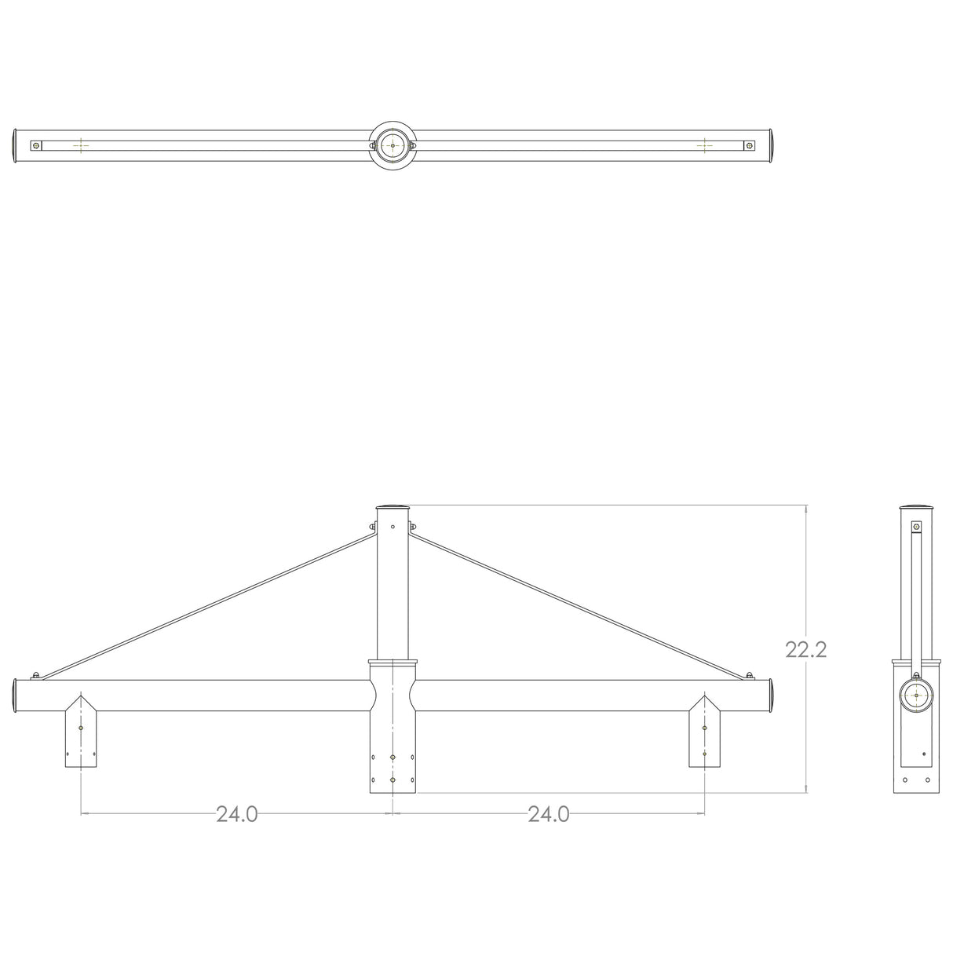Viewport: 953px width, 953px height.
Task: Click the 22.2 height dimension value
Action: coord(805,649)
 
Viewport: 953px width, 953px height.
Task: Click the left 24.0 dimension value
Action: coord(236,814)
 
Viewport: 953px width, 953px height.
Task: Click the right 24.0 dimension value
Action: coord(548,814)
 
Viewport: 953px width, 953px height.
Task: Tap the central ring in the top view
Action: coord(392,145)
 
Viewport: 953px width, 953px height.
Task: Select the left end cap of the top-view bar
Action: coord(15,146)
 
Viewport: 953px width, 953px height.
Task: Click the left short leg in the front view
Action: coord(81,739)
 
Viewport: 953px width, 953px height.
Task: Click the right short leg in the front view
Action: coord(704,739)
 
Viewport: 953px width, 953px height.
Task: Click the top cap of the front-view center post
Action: coord(393,508)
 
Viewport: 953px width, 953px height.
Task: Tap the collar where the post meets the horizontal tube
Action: coord(393,663)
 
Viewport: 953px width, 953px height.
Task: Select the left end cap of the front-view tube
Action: coord(15,696)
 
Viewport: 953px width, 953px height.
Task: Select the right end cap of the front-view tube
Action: coord(770,696)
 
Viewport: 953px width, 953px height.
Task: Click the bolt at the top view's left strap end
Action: coord(35,145)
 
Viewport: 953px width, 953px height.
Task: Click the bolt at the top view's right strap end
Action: coord(749,145)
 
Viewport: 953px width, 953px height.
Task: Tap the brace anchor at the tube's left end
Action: coord(35,675)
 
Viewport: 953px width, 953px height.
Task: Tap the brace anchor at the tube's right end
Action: coord(750,675)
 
